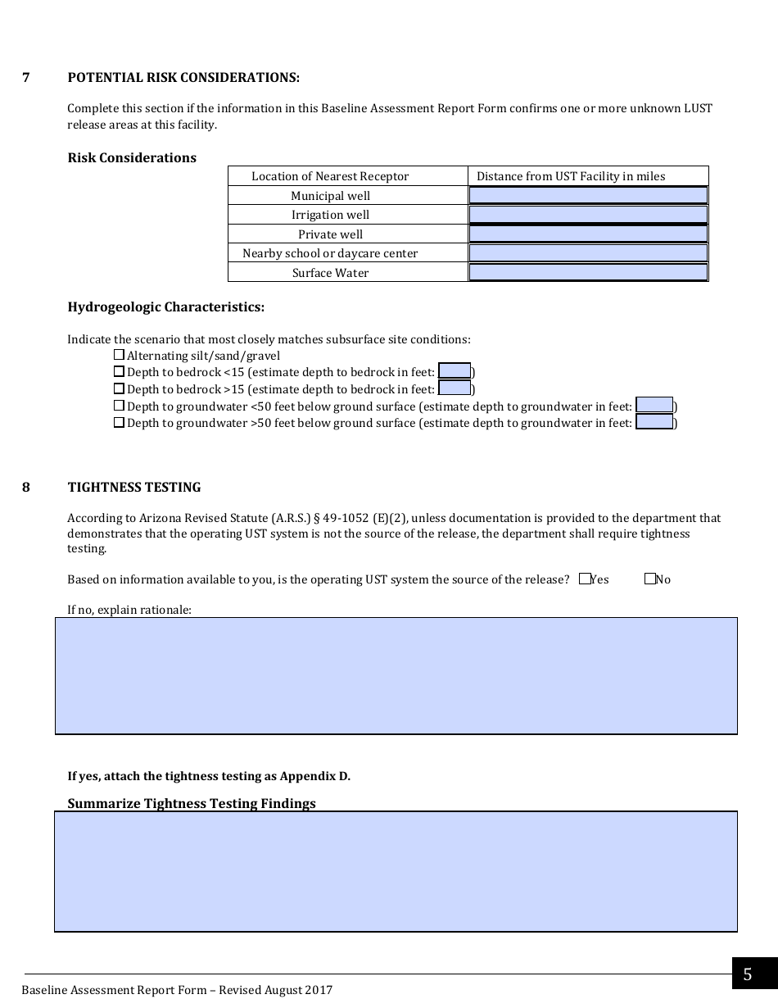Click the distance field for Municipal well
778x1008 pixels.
point(588,195)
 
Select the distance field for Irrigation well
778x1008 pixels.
point(588,215)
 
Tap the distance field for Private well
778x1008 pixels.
point(588,234)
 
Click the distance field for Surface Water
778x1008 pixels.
point(588,273)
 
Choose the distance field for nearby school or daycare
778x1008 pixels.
point(588,253)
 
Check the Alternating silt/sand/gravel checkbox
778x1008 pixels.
point(119,355)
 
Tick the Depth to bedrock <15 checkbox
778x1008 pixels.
point(119,372)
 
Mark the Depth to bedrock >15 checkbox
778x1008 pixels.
point(119,388)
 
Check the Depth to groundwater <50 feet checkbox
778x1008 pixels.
point(119,406)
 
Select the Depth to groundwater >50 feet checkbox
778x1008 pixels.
point(119,423)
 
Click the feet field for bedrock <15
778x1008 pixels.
point(455,371)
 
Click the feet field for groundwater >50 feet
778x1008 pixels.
point(654,422)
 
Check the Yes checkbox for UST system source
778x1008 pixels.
point(584,579)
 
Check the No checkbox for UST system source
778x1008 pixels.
point(649,579)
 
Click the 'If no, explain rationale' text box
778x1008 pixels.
point(396,675)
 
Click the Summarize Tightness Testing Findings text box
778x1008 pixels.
point(396,870)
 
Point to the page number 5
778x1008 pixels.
point(747,974)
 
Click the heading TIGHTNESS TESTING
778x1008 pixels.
point(134,487)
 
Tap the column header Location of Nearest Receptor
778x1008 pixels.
point(330,176)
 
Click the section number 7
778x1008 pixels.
point(26,78)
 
